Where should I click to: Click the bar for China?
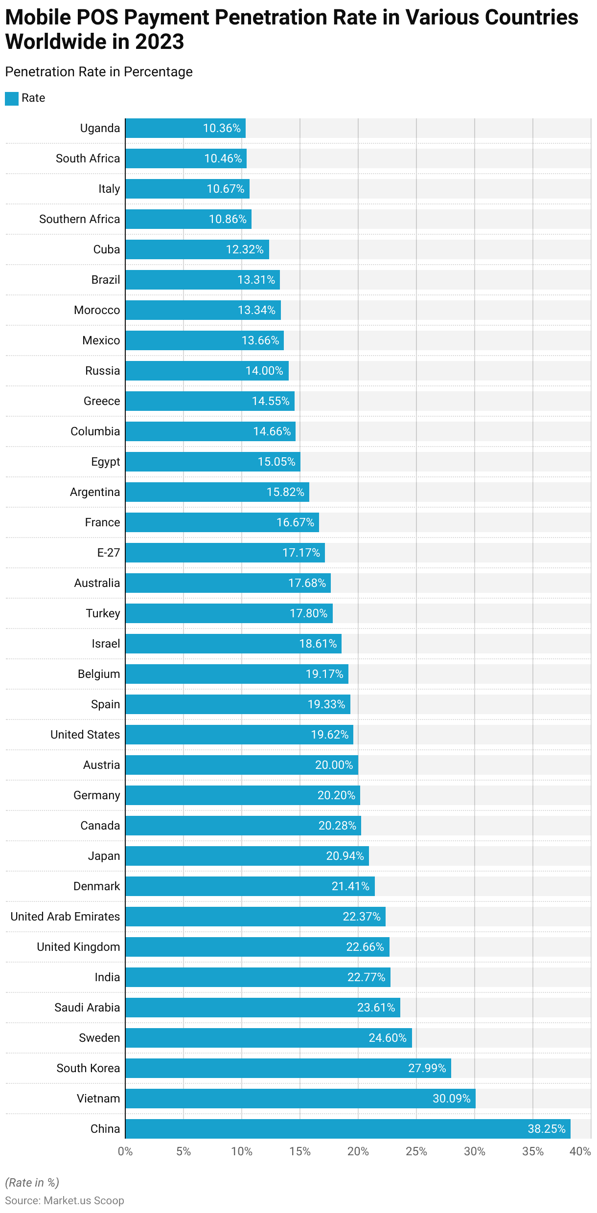[x=347, y=1128]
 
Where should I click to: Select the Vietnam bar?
[x=300, y=1098]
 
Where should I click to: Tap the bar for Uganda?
[x=185, y=128]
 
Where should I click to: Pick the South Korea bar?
[x=288, y=1068]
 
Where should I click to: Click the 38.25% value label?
[x=546, y=1129]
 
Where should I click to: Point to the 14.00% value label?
[x=264, y=371]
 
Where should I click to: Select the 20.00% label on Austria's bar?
[x=334, y=765]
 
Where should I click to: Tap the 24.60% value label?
[x=388, y=1038]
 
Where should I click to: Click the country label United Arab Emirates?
[x=65, y=917]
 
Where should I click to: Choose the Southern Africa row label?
[x=79, y=219]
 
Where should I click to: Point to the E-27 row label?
[x=108, y=553]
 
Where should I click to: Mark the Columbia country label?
[x=95, y=431]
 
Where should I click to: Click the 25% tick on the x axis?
[x=416, y=1151]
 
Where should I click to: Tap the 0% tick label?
[x=125, y=1151]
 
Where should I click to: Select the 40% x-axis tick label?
[x=580, y=1151]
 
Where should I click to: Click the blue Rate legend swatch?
[x=12, y=98]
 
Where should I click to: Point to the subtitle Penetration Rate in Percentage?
[x=99, y=72]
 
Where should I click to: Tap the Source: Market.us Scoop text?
[x=65, y=1200]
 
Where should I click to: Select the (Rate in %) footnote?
[x=32, y=1182]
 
